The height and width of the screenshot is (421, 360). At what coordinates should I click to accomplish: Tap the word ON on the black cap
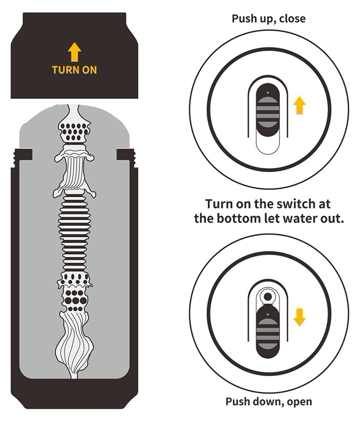coord(89,70)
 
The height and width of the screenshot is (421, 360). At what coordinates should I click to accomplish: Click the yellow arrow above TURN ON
coord(74,52)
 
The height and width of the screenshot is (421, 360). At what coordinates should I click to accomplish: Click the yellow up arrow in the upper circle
coord(299,105)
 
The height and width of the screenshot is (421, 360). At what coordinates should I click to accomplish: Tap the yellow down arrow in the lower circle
coord(299,317)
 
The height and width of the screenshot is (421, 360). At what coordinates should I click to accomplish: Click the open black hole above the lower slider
coord(268,297)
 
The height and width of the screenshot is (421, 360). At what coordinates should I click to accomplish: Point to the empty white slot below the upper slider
coord(268,145)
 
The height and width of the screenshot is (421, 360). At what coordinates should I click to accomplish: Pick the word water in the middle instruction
coord(301,219)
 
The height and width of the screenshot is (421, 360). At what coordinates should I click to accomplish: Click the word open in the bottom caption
coord(299,402)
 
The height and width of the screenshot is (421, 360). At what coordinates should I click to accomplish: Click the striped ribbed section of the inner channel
coord(74,234)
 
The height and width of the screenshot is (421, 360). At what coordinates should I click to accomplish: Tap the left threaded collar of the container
coord(23,158)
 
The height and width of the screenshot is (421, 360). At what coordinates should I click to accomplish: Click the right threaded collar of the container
coord(126,158)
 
